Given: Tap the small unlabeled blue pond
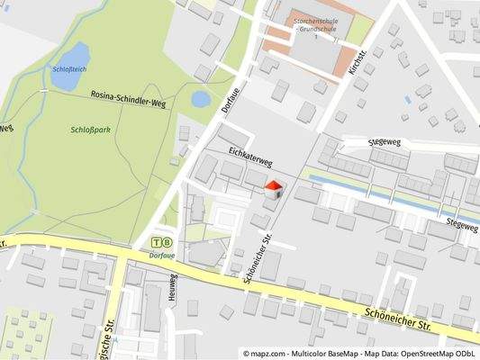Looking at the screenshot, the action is pyautogui.click(x=201, y=98).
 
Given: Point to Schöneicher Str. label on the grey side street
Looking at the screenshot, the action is pyautogui.click(x=256, y=256).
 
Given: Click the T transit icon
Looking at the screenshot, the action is pyautogui.click(x=157, y=242).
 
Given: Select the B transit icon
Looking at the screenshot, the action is pyautogui.click(x=168, y=242).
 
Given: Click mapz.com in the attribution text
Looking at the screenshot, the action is pyautogui.click(x=268, y=354).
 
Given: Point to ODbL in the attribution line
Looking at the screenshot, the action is pyautogui.click(x=465, y=354).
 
